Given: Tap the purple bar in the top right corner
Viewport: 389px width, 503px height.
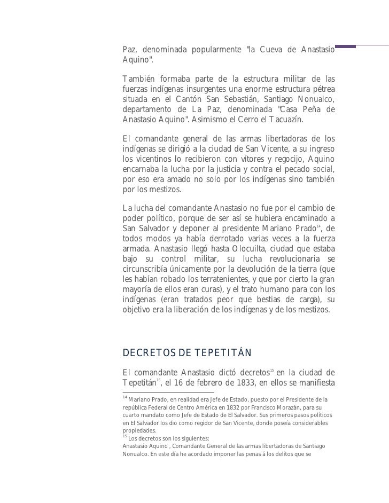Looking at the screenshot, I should point(345,46).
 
